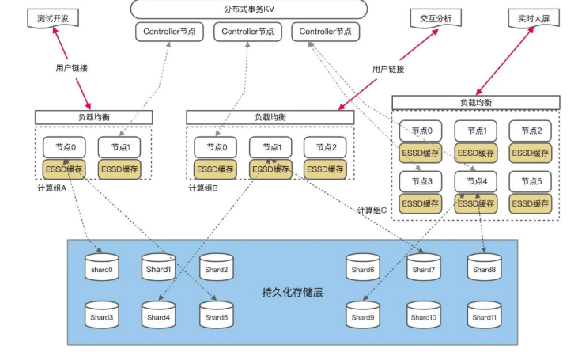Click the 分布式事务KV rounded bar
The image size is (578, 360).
249,9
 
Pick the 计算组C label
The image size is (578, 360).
372,210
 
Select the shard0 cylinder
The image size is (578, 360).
100,269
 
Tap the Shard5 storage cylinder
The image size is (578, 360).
216,316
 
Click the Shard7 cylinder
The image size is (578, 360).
424,269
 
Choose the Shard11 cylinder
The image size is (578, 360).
484,316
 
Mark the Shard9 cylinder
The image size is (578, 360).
363,316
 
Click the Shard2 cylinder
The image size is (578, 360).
216,269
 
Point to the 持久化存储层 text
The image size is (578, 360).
292,292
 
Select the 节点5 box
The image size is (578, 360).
531,181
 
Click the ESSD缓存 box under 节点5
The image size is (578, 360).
531,203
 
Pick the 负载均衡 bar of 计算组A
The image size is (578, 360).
93,117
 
